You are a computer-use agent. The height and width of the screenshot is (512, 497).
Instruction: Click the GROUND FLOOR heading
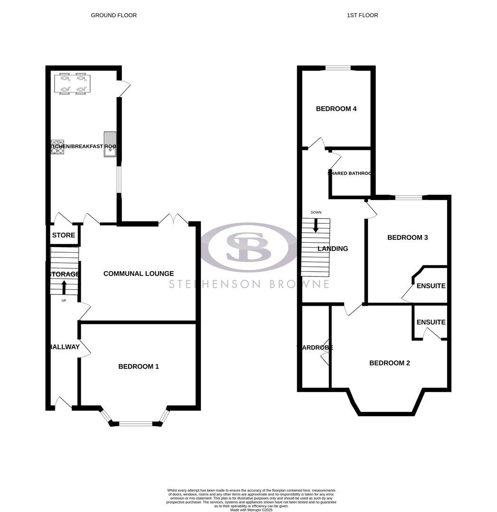(114, 15)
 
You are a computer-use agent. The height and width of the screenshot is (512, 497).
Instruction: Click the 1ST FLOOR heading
(363, 15)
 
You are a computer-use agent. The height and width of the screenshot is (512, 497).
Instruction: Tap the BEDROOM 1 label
(139, 366)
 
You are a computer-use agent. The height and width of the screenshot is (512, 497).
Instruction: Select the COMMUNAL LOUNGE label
(139, 274)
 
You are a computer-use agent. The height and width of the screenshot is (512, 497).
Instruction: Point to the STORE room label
(64, 235)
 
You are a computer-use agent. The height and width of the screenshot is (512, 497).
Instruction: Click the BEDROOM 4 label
(337, 109)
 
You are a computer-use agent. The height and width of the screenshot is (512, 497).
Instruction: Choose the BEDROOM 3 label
(408, 238)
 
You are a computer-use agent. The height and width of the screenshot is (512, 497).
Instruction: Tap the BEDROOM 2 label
(390, 363)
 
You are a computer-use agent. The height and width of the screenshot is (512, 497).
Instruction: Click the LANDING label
(333, 248)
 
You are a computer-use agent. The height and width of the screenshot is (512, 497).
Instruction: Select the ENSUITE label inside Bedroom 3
(431, 286)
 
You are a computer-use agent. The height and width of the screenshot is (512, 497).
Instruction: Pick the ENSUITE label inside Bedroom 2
(431, 322)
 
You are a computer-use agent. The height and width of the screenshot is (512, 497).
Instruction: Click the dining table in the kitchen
(73, 84)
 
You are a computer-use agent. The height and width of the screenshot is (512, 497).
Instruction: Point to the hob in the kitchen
(58, 147)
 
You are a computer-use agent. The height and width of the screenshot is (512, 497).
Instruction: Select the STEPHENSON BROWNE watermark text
(249, 284)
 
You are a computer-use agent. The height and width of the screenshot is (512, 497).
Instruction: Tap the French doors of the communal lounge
(173, 219)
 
